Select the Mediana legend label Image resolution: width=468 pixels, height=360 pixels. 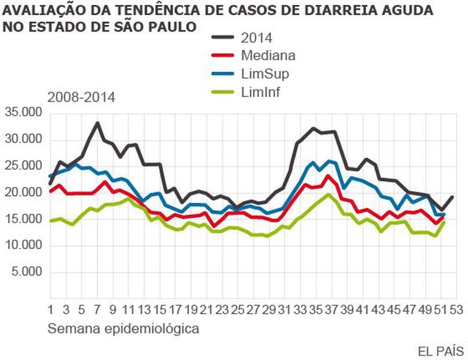(268, 55)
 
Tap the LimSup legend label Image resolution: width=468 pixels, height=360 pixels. (265, 74)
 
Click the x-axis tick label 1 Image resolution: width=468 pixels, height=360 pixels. (50, 308)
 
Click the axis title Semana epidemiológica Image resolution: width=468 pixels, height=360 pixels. (123, 329)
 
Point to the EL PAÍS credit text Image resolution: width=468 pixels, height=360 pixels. (441, 351)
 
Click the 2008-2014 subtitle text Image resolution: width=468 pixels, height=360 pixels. (81, 97)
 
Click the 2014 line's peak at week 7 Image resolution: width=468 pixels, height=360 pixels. (97, 123)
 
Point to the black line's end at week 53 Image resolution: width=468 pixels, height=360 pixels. (452, 196)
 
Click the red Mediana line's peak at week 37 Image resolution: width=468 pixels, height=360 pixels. (328, 176)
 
